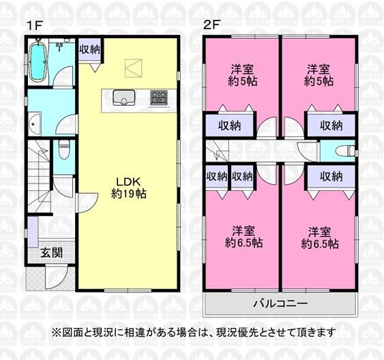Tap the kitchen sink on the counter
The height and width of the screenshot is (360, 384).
123,97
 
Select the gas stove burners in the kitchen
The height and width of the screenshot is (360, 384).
159,97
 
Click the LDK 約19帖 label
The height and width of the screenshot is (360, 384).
129,188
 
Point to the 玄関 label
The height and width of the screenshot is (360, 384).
51,252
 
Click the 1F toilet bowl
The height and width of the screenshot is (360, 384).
64,149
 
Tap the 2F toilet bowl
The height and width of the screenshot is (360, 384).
346,151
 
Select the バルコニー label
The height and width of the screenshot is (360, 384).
280,304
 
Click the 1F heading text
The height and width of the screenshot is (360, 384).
35,25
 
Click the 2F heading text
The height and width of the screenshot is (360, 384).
213,25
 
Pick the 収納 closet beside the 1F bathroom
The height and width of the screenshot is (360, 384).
89,50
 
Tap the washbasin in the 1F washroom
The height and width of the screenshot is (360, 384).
34,124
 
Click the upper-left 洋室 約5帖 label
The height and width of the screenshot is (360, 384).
242,76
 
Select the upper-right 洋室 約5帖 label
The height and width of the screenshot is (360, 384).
319,76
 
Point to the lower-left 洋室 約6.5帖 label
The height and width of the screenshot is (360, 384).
243,237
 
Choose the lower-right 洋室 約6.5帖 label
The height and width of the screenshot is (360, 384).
320,238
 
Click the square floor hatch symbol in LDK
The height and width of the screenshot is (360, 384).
133,68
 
